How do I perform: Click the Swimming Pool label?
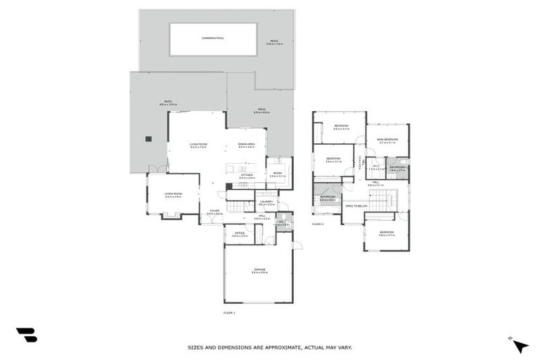[213, 38]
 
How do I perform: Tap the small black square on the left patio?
[149, 139]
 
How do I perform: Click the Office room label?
[240, 235]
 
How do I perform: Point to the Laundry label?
[266, 202]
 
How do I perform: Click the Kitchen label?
[246, 176]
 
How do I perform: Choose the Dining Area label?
[246, 146]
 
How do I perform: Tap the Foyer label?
[214, 212]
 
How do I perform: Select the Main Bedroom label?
[387, 140]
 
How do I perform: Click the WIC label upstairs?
[376, 167]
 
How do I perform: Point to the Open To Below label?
[355, 206]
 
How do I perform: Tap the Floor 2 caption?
[318, 223]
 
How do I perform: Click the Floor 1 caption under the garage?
[229, 311]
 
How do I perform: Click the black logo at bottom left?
[26, 335]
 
